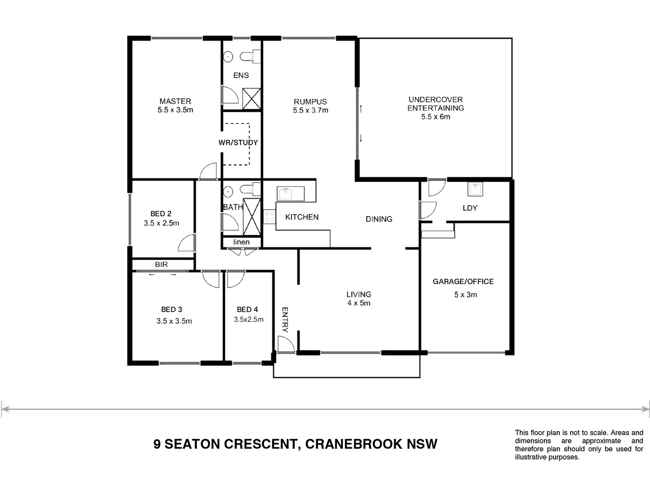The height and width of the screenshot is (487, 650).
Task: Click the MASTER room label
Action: pos(175,101)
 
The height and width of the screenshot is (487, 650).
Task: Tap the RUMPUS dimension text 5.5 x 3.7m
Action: pos(310,110)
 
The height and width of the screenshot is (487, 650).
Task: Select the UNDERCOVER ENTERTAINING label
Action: pos(436,104)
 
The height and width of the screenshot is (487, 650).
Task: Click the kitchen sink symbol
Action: pos(285,194)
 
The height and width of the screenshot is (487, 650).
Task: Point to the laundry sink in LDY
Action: pos(475,189)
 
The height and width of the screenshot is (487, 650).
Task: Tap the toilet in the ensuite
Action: pos(248,57)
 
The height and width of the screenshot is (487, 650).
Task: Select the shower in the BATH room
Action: pos(252,216)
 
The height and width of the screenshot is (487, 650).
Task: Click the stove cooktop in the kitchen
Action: pos(269,217)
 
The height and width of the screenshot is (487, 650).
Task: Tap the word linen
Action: pos(241,242)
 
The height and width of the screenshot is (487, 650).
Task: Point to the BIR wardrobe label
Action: pos(161,264)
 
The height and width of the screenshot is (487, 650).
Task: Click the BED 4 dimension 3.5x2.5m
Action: pos(248,319)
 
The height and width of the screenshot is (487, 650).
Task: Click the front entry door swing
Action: pos(285,345)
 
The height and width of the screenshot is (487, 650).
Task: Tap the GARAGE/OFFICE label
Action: pos(463,281)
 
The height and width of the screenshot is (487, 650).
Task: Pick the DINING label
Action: pos(379,219)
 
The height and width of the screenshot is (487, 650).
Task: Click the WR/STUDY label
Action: pos(238,142)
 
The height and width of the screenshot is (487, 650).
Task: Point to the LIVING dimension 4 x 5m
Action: pos(359,303)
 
